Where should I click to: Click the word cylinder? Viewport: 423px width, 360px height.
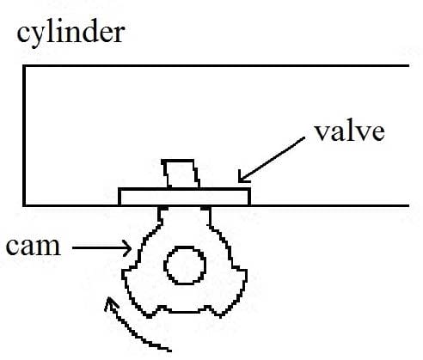(x=70, y=34)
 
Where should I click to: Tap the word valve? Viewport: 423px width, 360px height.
(x=350, y=131)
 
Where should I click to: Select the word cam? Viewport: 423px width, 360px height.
(x=34, y=247)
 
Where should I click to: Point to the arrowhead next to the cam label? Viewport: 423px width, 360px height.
(x=128, y=248)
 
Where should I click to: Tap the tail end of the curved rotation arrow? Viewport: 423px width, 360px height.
(x=171, y=350)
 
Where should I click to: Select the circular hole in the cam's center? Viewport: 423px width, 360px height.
(x=185, y=265)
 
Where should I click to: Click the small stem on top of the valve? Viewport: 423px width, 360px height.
(x=181, y=174)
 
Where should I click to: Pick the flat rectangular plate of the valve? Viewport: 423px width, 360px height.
(x=185, y=197)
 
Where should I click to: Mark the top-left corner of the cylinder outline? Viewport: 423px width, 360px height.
(x=24, y=66)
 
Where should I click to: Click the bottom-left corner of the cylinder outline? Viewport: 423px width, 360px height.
(x=24, y=205)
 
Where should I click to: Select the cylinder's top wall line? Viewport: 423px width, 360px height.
(x=216, y=66)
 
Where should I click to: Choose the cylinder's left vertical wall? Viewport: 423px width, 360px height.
(x=24, y=136)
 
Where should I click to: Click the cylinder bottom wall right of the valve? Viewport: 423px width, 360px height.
(x=330, y=205)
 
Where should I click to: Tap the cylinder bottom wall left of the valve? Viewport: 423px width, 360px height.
(x=71, y=205)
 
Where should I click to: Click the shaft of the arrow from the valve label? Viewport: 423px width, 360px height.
(x=272, y=159)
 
